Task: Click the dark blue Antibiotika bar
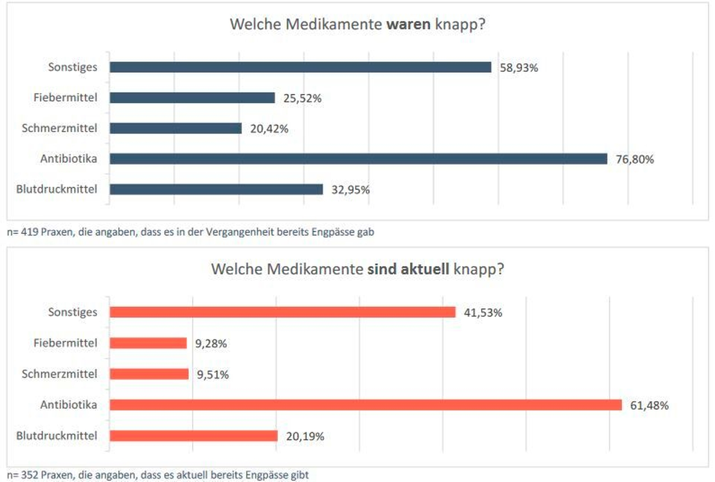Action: pyautogui.click(x=358, y=159)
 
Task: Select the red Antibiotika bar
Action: pyautogui.click(x=365, y=405)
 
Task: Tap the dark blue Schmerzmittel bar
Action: pyautogui.click(x=176, y=128)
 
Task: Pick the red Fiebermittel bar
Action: pyautogui.click(x=148, y=343)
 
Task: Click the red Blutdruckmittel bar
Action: pyautogui.click(x=193, y=436)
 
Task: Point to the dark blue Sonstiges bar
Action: pyautogui.click(x=300, y=67)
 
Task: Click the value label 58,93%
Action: pyautogui.click(x=519, y=68)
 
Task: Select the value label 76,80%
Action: pyautogui.click(x=634, y=159)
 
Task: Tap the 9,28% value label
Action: pyautogui.click(x=211, y=343)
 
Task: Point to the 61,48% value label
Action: pyautogui.click(x=649, y=406)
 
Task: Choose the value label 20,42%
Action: pyautogui.click(x=269, y=129)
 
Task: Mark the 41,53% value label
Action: pyautogui.click(x=483, y=313)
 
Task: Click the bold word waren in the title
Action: pyautogui.click(x=408, y=24)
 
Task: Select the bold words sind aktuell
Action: pyautogui.click(x=408, y=269)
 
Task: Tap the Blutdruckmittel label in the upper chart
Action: pyautogui.click(x=56, y=189)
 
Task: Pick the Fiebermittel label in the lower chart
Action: pyautogui.click(x=65, y=343)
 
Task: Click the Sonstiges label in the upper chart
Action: pyautogui.click(x=73, y=67)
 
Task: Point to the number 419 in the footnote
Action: pyautogui.click(x=29, y=232)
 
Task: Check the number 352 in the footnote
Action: pyautogui.click(x=29, y=475)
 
